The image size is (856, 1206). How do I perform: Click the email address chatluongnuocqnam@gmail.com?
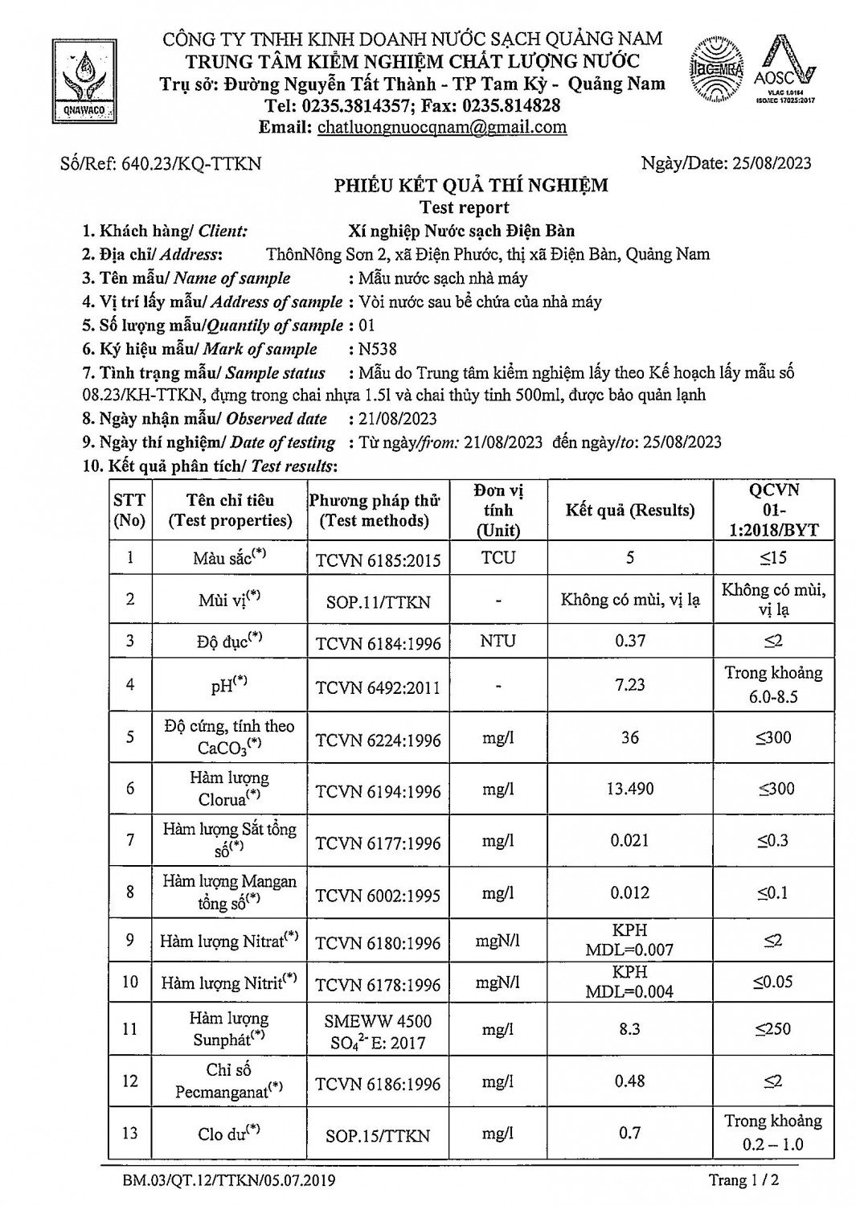tap(442, 127)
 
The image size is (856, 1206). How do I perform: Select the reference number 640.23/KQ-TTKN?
tap(190, 164)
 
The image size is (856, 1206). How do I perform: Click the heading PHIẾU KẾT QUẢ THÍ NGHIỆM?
tap(471, 186)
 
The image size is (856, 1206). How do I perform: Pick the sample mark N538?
tap(378, 349)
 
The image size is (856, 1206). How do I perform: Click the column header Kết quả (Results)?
tap(629, 511)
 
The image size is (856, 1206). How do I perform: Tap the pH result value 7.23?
tap(629, 684)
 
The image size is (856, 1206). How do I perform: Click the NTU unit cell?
tap(498, 641)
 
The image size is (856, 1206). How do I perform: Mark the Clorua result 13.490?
tap(629, 789)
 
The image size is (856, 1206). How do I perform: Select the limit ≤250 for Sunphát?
tap(772, 1028)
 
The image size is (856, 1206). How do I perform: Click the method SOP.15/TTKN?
tap(378, 1135)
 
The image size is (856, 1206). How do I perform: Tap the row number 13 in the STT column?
tap(130, 1133)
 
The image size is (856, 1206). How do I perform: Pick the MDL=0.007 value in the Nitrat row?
tap(629, 950)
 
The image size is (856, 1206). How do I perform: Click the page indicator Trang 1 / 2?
tap(743, 1180)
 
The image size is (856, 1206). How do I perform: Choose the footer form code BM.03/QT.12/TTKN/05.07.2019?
tap(229, 1180)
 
